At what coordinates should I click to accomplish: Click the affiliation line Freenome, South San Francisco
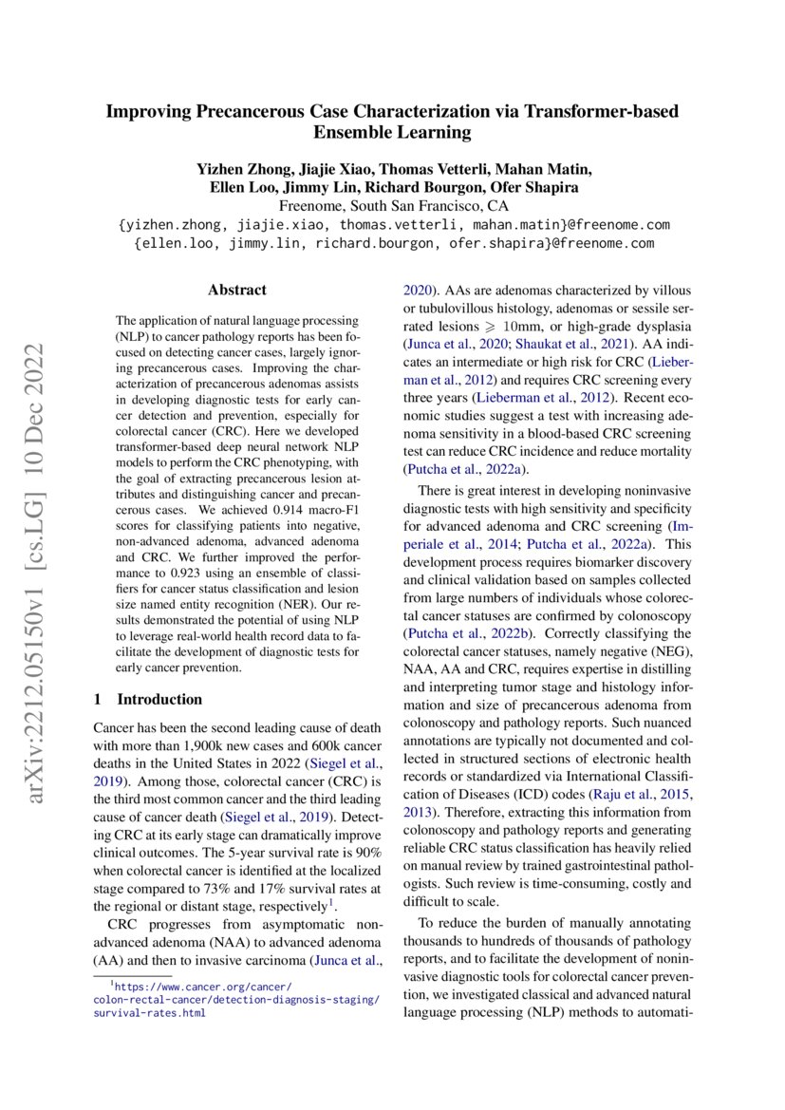(x=393, y=206)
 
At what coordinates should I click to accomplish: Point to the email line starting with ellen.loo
(x=393, y=243)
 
